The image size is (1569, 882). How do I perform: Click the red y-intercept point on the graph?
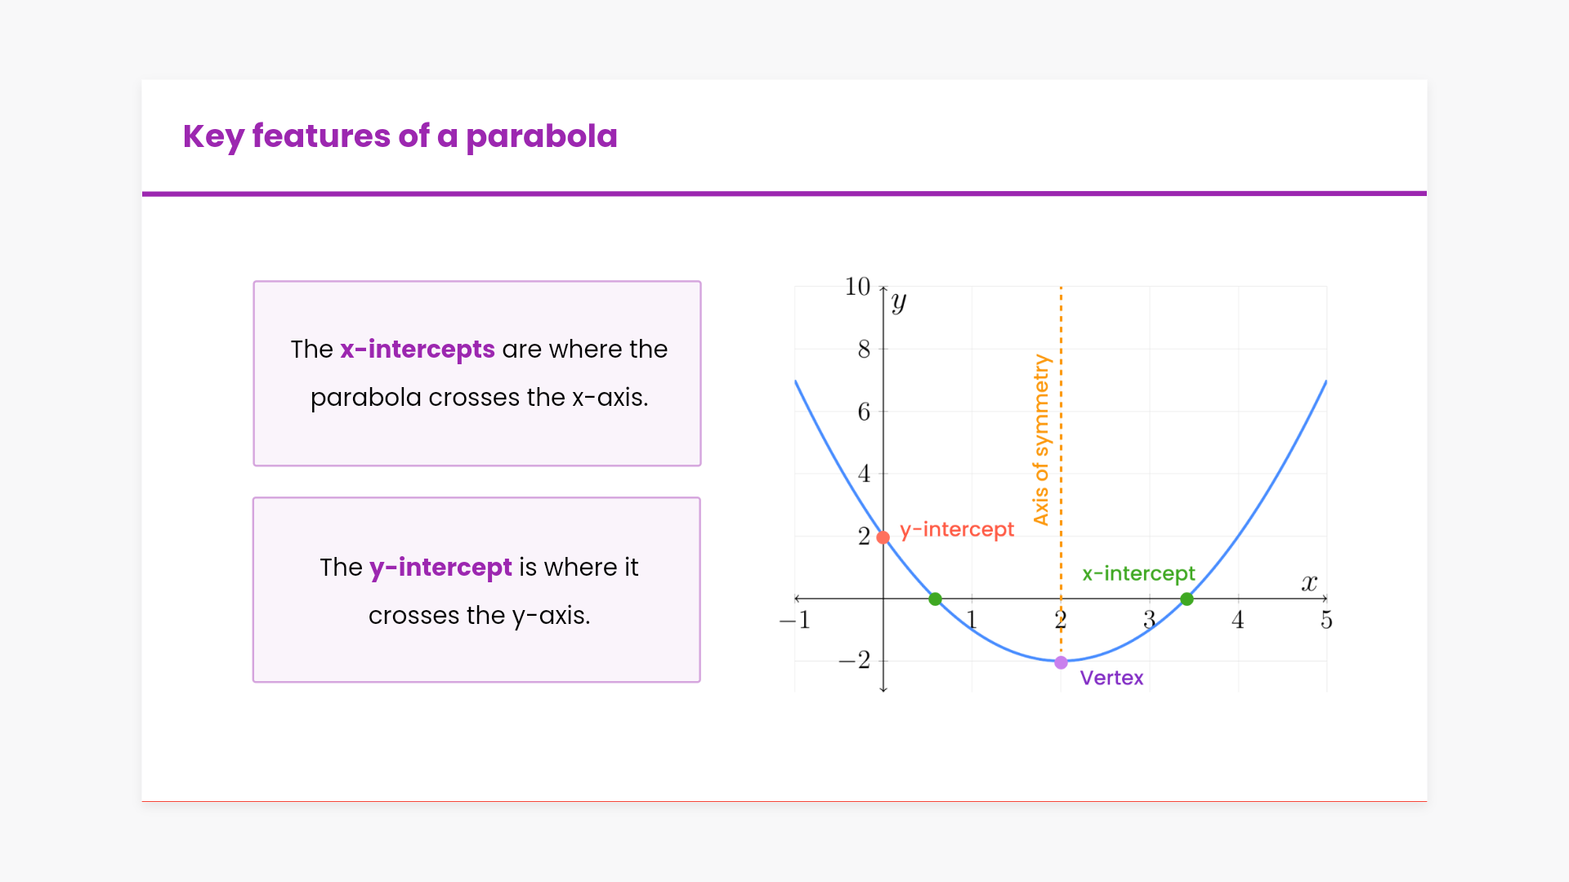[x=883, y=537]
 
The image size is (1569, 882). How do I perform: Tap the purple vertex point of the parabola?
[x=1061, y=662]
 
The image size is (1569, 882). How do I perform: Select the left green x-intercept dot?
[x=936, y=599]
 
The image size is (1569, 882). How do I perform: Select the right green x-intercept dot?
[x=1187, y=599]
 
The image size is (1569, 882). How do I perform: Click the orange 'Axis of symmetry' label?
[x=1040, y=439]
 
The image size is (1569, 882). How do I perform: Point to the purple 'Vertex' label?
[x=1111, y=678]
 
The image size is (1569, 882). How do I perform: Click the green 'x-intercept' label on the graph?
[x=1138, y=574]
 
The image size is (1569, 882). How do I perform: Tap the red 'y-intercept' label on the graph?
[x=957, y=530]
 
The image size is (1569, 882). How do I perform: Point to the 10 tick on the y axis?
[x=857, y=287]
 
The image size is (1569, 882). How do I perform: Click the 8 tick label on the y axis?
[x=864, y=350]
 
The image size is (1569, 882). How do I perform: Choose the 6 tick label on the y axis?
[x=864, y=412]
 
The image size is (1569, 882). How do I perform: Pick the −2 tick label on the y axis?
[x=855, y=660]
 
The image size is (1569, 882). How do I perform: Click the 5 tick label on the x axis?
[x=1326, y=621]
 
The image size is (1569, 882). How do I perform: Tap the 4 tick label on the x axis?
[x=1238, y=621]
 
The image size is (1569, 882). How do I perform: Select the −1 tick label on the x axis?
[x=794, y=621]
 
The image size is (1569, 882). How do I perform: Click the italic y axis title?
[x=899, y=302]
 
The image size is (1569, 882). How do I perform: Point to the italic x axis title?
[x=1309, y=583]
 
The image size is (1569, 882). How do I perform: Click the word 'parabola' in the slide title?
[x=542, y=136]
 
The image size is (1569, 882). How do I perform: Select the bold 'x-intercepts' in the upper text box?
[x=418, y=350]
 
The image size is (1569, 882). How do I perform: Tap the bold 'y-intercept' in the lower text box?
[x=440, y=568]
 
